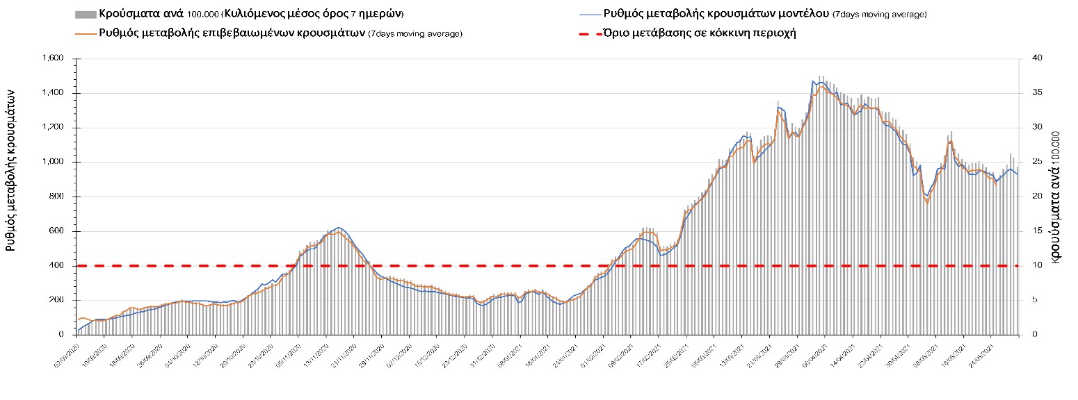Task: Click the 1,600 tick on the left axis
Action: [x=54, y=58]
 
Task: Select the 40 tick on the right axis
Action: [x=1031, y=58]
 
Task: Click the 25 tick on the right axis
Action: [x=1031, y=162]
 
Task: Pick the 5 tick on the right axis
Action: [x=1029, y=300]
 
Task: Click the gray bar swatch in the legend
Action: [x=85, y=15]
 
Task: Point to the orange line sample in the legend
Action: [x=85, y=33]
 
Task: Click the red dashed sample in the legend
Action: [x=589, y=33]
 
